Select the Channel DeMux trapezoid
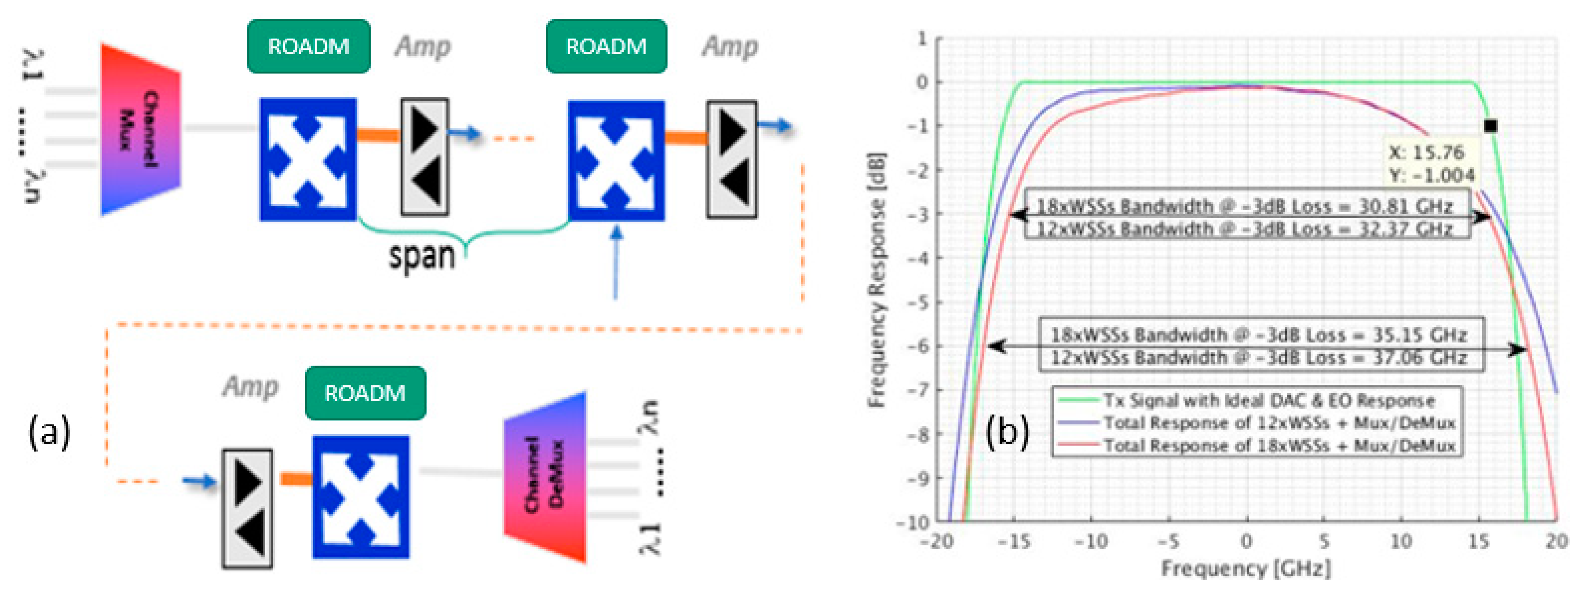coord(545,476)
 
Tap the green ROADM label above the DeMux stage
coord(365,393)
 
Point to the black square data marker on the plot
coord(1491,126)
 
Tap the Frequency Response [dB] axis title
coord(877,280)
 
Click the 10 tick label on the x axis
coord(1401,541)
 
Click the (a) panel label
coord(49,432)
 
